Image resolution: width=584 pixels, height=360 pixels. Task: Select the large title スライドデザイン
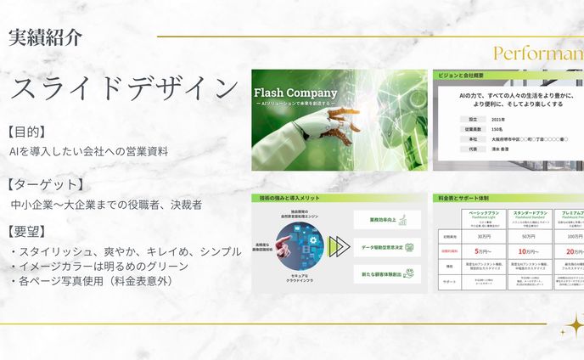[124, 88]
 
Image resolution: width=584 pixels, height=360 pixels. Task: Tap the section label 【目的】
[26, 132]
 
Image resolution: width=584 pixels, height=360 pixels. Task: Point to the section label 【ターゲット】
[44, 184]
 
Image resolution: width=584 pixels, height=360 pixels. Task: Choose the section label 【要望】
[26, 231]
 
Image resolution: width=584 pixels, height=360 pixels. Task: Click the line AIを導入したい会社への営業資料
[88, 151]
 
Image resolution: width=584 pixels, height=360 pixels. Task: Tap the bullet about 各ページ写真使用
[94, 281]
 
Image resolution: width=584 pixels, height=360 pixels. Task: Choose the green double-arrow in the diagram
[340, 247]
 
